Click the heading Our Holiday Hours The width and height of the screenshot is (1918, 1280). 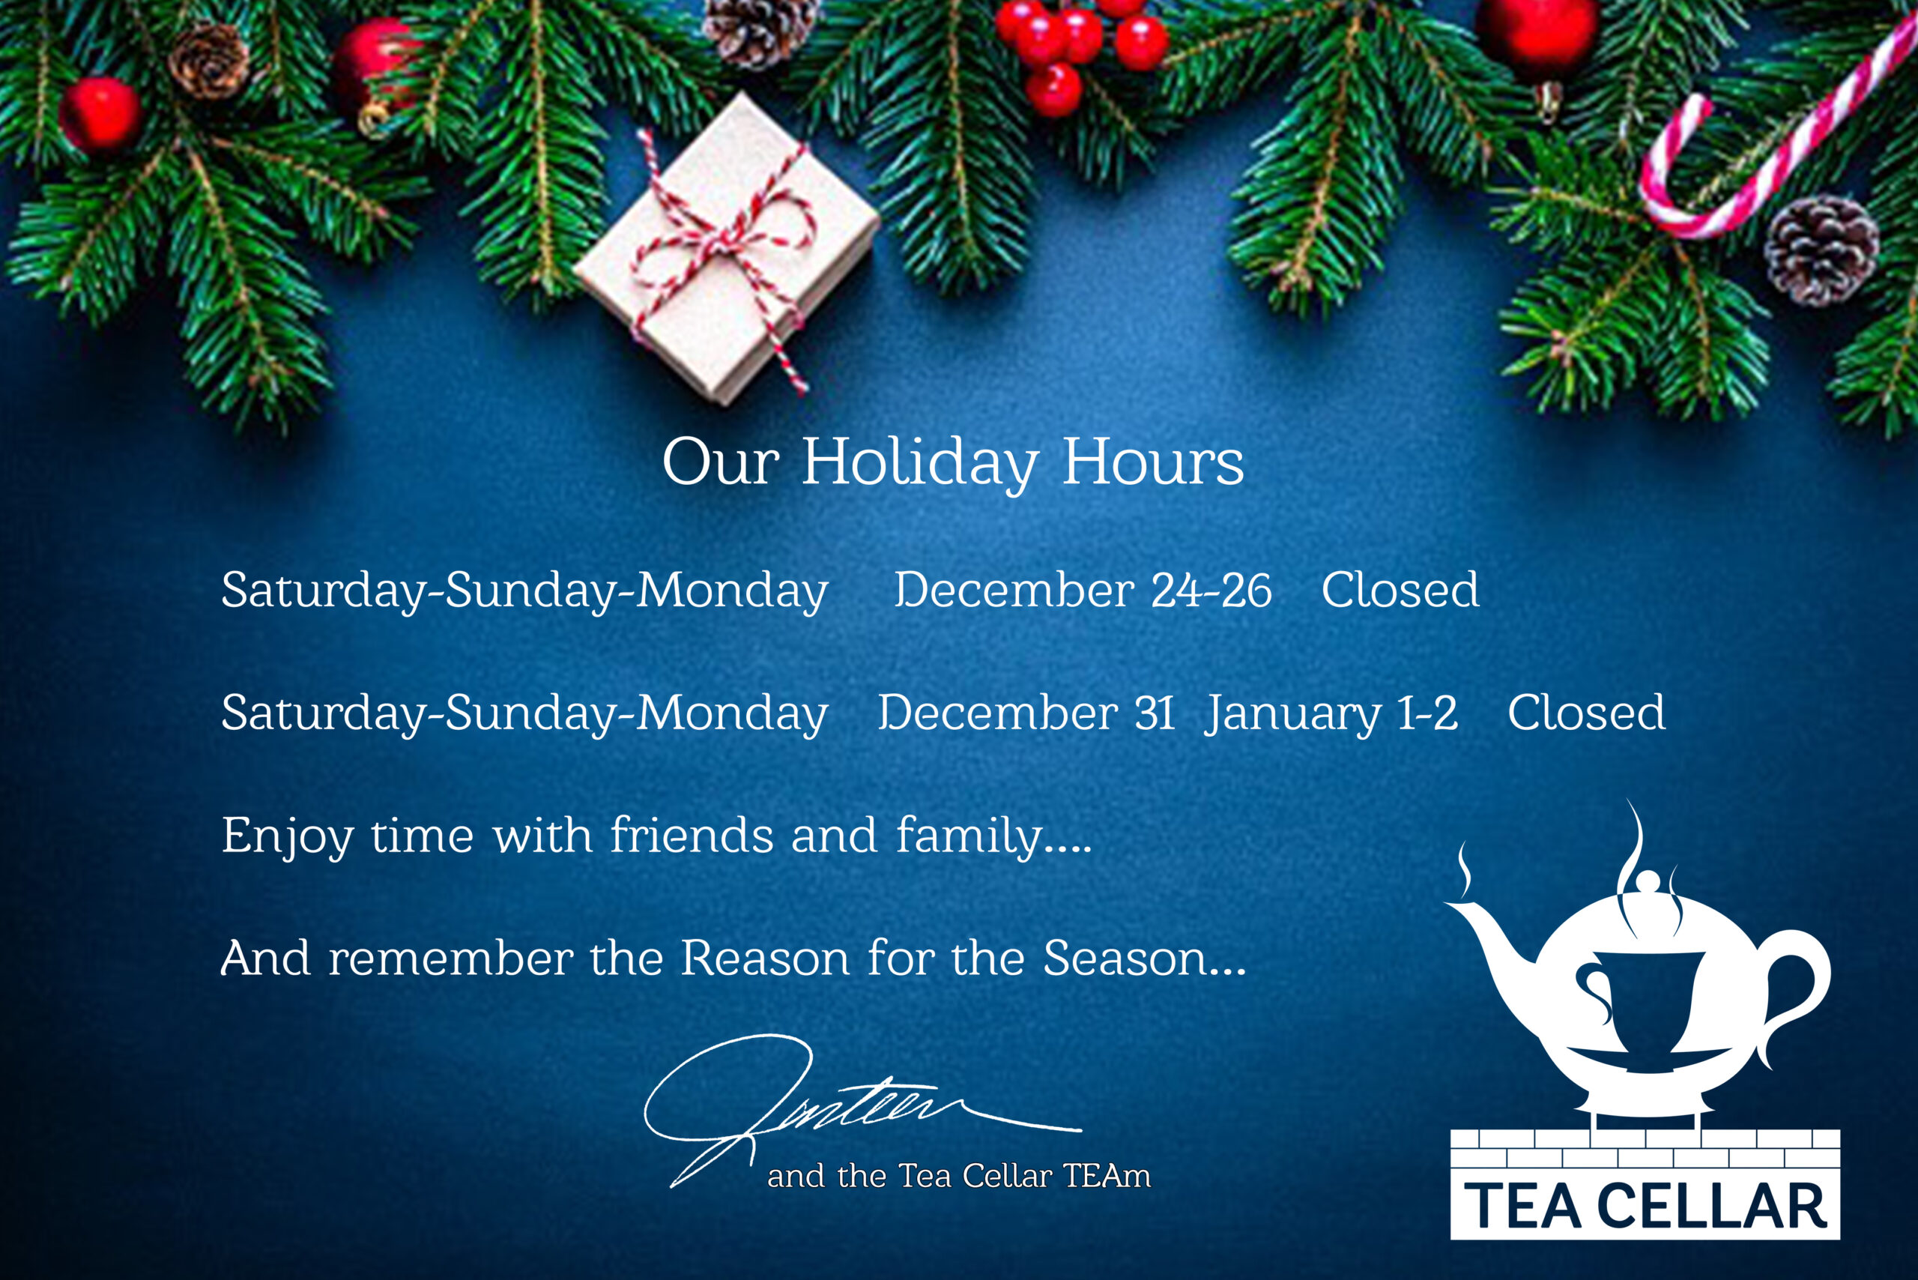[952, 463]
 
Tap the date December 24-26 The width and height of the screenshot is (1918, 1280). [1082, 591]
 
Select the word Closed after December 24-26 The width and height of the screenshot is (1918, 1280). [1400, 591]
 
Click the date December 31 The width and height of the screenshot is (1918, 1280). [1026, 713]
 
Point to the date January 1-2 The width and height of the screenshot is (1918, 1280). [1331, 713]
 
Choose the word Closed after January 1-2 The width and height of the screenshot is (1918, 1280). [1586, 713]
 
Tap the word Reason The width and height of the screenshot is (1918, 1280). [765, 959]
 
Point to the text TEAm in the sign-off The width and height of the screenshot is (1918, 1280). [1107, 1177]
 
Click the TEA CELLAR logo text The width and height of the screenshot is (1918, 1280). [1645, 1207]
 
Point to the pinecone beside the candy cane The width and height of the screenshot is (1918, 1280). [1821, 249]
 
